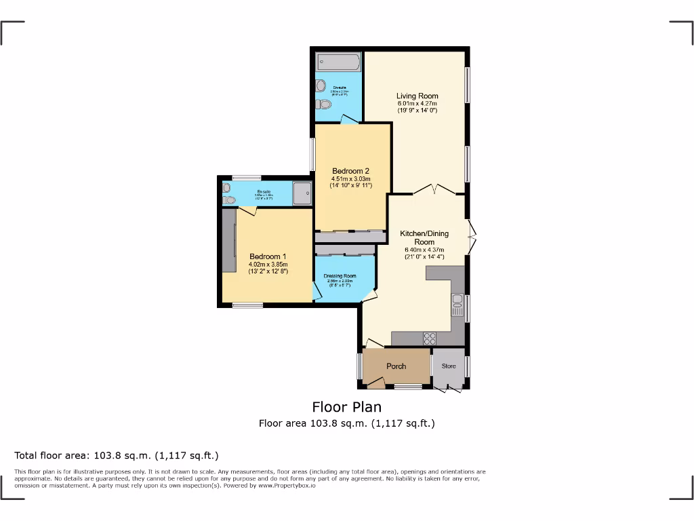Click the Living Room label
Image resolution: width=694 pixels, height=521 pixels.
[417, 96]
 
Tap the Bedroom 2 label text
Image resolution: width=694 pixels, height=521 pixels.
[350, 171]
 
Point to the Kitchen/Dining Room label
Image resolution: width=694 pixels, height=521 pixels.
[424, 237]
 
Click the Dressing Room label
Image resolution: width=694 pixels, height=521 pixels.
[340, 276]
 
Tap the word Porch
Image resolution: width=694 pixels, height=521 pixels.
[396, 366]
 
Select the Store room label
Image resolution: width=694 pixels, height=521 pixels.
[449, 366]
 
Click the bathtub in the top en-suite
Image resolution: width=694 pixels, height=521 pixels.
[338, 62]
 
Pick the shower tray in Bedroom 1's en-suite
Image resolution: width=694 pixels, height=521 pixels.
[302, 192]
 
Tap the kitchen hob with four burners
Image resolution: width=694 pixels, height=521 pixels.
[429, 337]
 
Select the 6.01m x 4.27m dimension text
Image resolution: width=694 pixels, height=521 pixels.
[417, 103]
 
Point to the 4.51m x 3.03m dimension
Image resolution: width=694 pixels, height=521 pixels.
[350, 178]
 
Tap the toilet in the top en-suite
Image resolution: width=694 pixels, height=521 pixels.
[324, 104]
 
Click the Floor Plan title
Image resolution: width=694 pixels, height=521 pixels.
[346, 407]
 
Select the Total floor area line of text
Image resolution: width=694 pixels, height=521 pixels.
[117, 455]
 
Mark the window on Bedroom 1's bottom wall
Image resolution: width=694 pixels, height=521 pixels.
[247, 305]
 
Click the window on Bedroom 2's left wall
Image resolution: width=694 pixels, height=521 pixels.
[312, 155]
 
